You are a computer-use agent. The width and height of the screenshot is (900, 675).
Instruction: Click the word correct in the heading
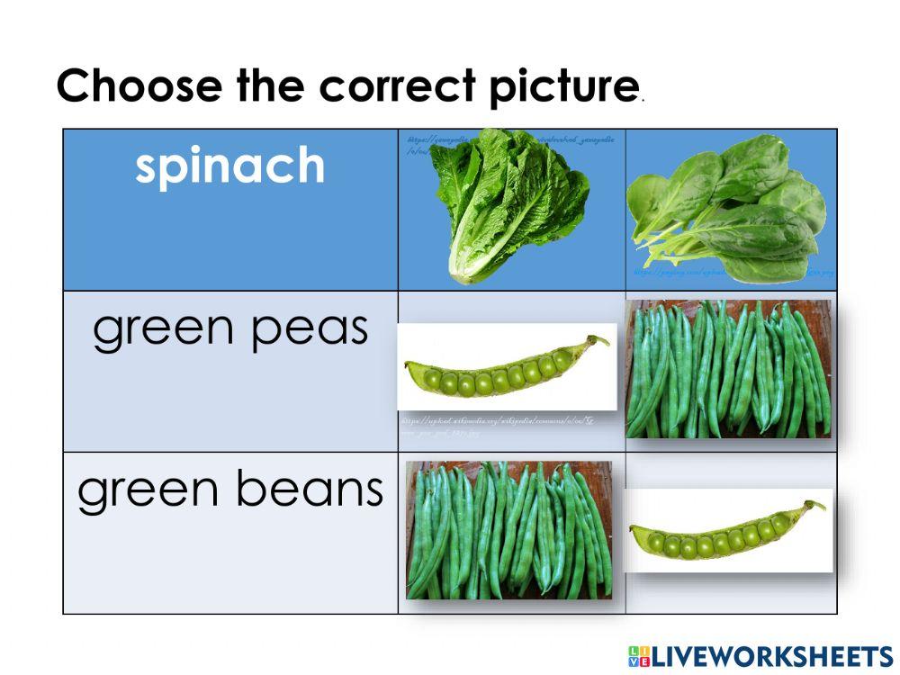[397, 86]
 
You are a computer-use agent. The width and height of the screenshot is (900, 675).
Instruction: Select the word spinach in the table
[230, 166]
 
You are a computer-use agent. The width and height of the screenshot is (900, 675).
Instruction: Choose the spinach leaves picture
[729, 207]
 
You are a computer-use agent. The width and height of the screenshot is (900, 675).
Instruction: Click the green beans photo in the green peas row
[728, 369]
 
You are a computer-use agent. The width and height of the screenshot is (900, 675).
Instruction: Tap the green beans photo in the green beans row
[508, 530]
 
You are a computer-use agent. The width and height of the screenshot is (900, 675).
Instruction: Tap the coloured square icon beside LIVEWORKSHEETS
[638, 655]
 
